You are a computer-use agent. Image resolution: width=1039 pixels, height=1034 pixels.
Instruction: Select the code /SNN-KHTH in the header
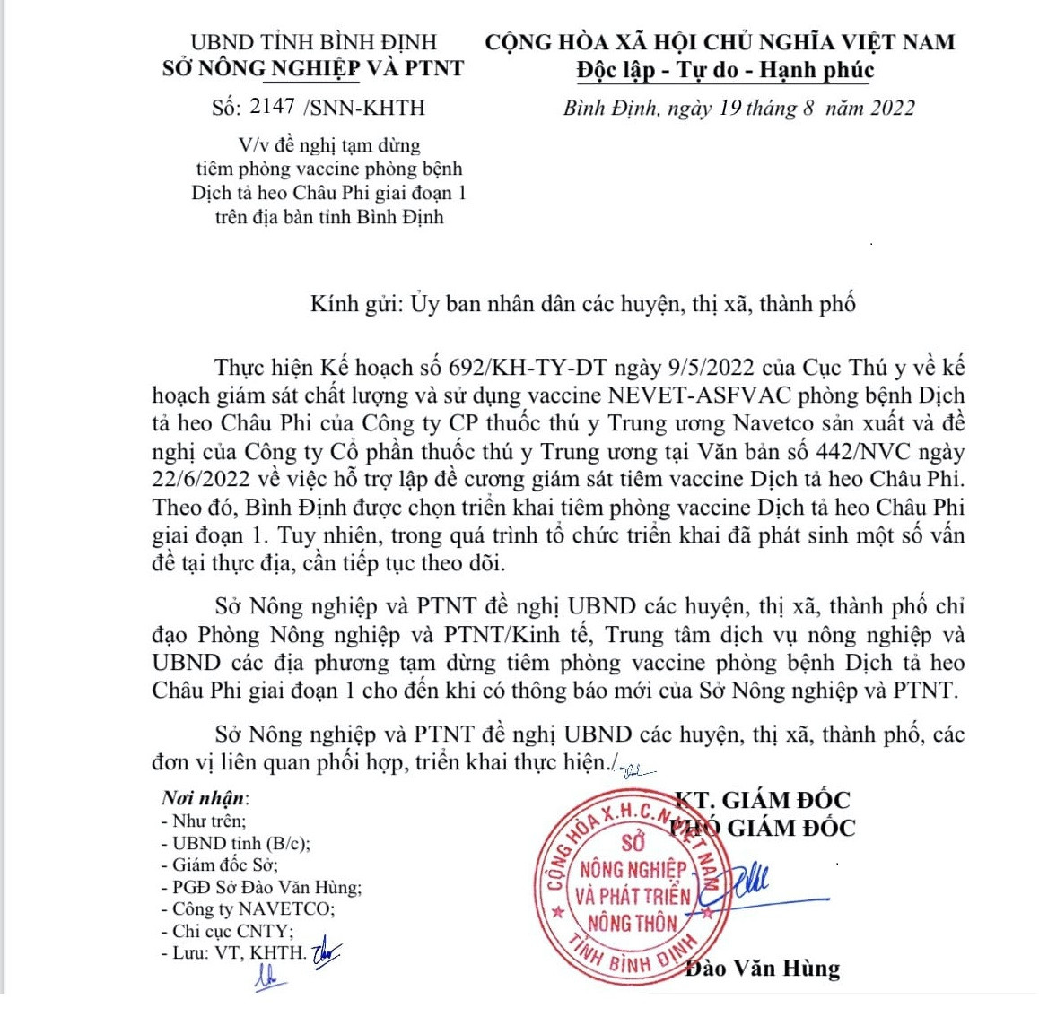click(x=364, y=108)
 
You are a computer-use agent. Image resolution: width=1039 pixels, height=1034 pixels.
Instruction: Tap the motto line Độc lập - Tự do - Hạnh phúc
click(x=724, y=70)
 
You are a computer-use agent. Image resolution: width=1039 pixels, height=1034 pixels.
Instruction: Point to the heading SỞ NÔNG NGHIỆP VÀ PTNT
click(x=313, y=68)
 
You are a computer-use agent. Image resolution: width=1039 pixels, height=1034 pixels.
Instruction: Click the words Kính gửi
click(x=355, y=304)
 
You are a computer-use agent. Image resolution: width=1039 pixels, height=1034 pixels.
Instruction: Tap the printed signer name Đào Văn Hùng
click(x=763, y=969)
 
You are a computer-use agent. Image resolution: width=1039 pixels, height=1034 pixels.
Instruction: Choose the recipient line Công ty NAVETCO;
click(x=248, y=908)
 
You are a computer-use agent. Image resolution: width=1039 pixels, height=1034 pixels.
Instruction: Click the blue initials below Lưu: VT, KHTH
click(x=266, y=978)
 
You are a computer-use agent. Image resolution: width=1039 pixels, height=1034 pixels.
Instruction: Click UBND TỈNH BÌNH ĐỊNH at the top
click(x=314, y=42)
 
